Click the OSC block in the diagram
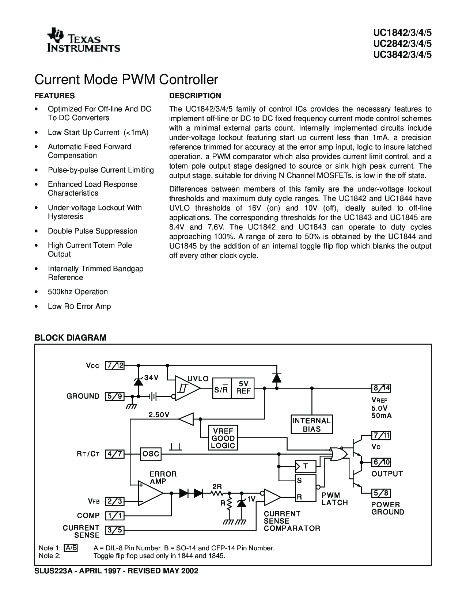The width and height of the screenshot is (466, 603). click(151, 454)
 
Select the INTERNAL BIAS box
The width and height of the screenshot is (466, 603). click(312, 425)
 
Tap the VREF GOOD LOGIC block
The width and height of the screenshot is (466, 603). click(223, 437)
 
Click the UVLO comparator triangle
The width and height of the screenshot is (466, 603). click(186, 388)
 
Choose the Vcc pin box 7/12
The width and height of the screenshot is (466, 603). click(115, 365)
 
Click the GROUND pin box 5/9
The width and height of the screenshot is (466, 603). click(115, 396)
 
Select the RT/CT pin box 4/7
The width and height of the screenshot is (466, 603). click(115, 454)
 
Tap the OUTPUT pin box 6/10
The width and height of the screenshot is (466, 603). click(381, 462)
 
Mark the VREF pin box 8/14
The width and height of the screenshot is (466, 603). click(381, 388)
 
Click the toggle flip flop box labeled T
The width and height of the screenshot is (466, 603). click(305, 466)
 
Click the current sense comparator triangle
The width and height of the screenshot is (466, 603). click(271, 497)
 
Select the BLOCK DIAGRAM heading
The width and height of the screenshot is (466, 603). click(70, 338)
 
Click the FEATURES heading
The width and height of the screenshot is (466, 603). click(54, 96)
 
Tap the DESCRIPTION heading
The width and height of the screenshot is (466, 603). click(195, 96)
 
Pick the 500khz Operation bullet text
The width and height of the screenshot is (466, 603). click(78, 292)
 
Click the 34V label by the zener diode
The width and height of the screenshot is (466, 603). click(151, 378)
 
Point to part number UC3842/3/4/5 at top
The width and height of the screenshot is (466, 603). click(402, 55)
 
